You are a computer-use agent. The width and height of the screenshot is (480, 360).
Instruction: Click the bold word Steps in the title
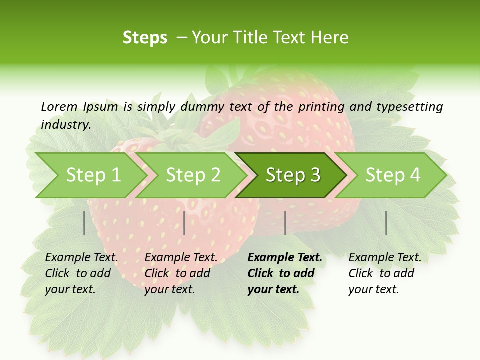[145, 38]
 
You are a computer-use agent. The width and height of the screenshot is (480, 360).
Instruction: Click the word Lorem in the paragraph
[59, 107]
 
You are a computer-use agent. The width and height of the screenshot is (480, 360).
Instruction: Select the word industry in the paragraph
[65, 125]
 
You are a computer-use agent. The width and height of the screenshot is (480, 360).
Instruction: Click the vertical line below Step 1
[84, 223]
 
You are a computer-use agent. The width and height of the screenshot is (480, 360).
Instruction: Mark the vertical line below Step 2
[184, 223]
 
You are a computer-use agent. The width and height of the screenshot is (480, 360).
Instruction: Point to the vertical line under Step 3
[285, 223]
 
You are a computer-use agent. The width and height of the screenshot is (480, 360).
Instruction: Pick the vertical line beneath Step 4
[386, 223]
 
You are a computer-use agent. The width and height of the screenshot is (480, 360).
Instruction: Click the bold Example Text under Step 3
[285, 258]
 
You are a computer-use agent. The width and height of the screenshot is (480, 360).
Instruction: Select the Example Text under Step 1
[81, 258]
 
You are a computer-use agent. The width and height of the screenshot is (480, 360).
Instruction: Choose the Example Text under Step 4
[385, 258]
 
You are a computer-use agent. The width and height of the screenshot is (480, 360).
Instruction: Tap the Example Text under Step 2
[181, 258]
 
